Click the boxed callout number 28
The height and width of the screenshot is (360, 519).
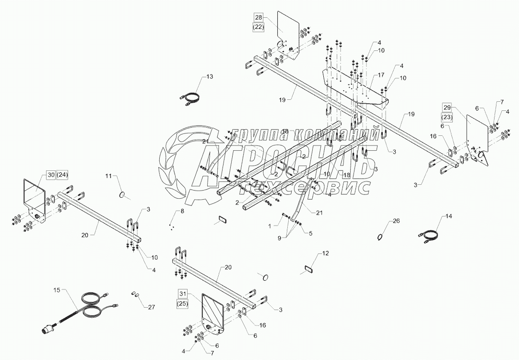coord(259,18)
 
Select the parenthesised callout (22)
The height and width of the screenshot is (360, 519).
coord(259,27)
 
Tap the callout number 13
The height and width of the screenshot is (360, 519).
coord(209,77)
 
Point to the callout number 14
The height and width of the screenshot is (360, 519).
coord(449,217)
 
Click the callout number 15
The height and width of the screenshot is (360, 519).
coord(57,290)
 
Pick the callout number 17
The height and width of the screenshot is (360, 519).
coord(381,75)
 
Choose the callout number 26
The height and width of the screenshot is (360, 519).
coord(396,221)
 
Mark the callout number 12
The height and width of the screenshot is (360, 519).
coord(326,252)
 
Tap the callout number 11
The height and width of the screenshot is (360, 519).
coord(108,177)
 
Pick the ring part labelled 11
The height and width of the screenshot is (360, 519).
coord(123,194)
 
